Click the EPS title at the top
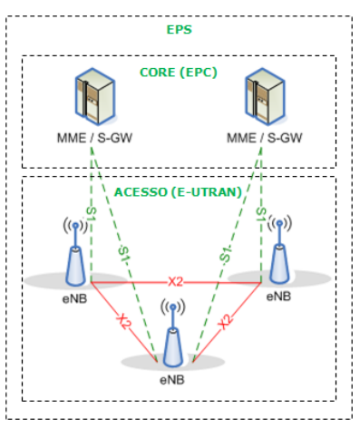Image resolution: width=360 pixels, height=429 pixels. coord(179,30)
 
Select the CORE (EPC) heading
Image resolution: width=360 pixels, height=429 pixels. coord(179,72)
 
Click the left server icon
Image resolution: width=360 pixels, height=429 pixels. coord(92,101)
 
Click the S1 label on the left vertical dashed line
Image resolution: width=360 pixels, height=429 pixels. coord(91,217)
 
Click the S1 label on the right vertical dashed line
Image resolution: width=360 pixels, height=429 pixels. coord(261,217)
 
